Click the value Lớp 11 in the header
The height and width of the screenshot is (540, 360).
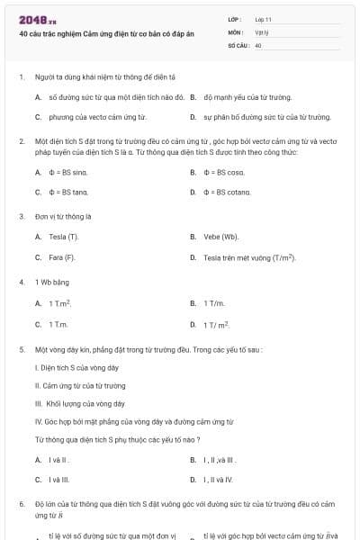[x=263, y=19]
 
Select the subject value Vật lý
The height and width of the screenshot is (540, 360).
[x=262, y=31]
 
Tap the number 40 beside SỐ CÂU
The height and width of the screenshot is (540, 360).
[x=258, y=44]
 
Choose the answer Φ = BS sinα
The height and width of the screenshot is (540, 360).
[x=67, y=172]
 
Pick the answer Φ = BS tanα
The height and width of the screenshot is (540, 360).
[x=68, y=192]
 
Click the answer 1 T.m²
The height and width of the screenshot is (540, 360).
[x=60, y=303]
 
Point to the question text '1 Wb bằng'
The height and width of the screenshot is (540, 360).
[x=49, y=283]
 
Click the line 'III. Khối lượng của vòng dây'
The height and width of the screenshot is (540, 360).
[x=79, y=403]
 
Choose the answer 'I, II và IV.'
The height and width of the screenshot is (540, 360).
[x=219, y=480]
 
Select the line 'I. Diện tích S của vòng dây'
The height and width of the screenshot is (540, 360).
[x=76, y=368]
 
